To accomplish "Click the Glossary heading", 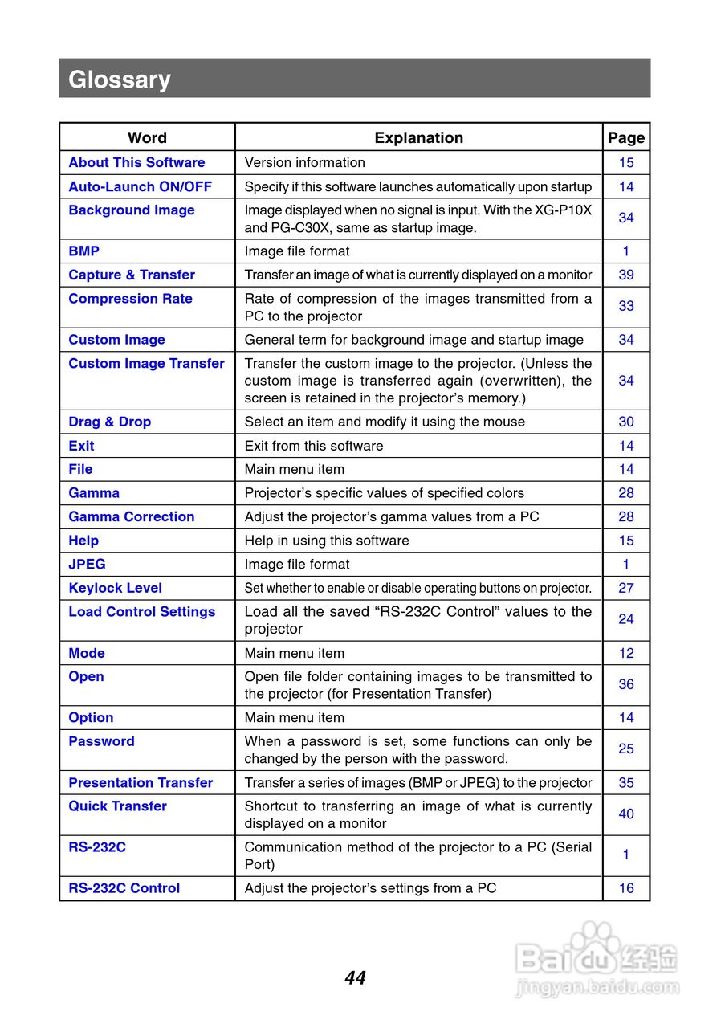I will (x=120, y=80).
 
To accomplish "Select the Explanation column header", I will (x=418, y=137).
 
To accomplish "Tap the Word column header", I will (x=147, y=137).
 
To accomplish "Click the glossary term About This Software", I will (x=136, y=162).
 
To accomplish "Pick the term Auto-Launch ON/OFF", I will (x=140, y=186).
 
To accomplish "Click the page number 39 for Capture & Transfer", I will (x=626, y=275).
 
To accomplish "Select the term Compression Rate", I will (x=130, y=299).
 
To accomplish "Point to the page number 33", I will (x=626, y=306).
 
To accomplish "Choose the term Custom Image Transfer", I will (x=146, y=364).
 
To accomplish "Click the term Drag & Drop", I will (x=109, y=422).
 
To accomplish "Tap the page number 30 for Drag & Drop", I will (x=626, y=422).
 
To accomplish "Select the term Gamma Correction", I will (x=131, y=516).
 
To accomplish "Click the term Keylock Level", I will (x=115, y=588).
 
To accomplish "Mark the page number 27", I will (x=626, y=588).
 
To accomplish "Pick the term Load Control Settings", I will (x=141, y=612).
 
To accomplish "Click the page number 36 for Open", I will (x=626, y=684).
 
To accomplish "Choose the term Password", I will (x=101, y=741).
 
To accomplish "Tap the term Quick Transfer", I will (x=117, y=806).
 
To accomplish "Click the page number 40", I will (x=626, y=814).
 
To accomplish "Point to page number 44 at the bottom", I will (x=355, y=978).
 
